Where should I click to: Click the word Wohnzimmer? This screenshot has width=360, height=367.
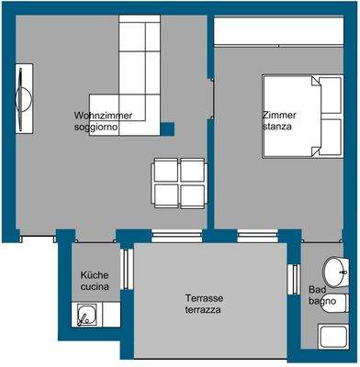(x=104, y=116)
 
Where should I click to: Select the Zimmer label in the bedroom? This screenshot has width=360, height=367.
(x=278, y=116)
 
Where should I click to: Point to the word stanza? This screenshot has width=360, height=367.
(x=276, y=127)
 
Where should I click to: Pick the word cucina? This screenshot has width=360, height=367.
(x=95, y=287)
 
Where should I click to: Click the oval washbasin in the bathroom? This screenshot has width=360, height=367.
(x=335, y=272)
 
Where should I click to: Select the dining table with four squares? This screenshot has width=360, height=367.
(x=178, y=182)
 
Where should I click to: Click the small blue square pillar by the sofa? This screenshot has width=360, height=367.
(x=167, y=128)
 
